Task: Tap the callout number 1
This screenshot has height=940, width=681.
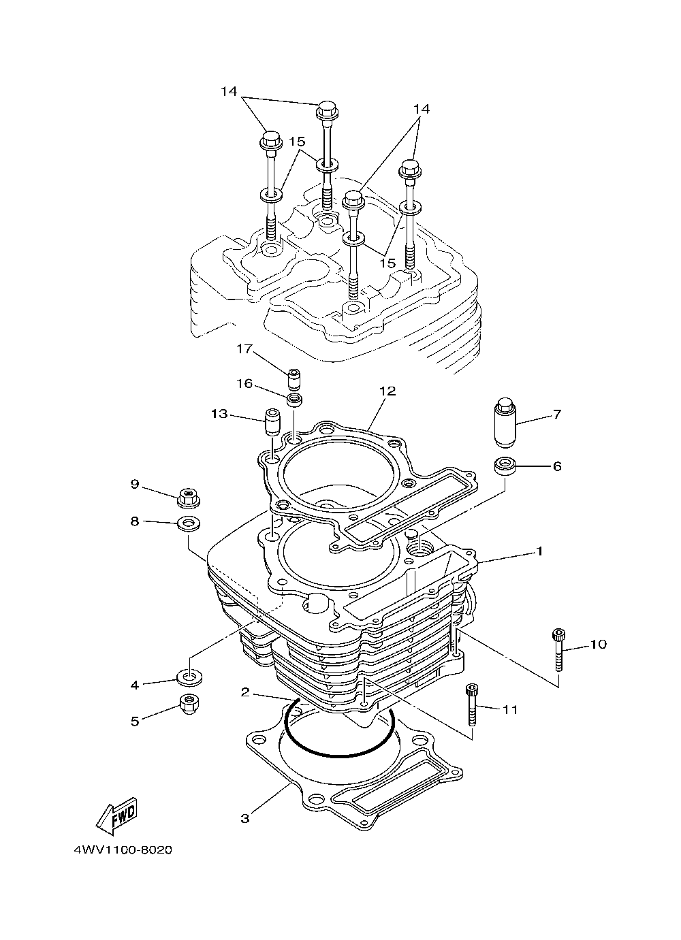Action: [x=539, y=551]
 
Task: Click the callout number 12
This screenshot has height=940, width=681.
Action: [x=387, y=391]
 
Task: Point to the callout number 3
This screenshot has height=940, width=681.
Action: [x=245, y=818]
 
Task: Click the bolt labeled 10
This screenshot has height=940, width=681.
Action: [x=558, y=650]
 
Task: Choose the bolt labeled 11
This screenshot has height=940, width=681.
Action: [x=471, y=705]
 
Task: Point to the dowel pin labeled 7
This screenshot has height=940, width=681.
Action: [x=505, y=423]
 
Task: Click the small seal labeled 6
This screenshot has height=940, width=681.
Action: [x=504, y=467]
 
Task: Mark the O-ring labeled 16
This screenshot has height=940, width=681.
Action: [x=294, y=400]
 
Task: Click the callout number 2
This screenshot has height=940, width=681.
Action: [x=246, y=693]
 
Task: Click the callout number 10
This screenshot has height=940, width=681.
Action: [x=597, y=644]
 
